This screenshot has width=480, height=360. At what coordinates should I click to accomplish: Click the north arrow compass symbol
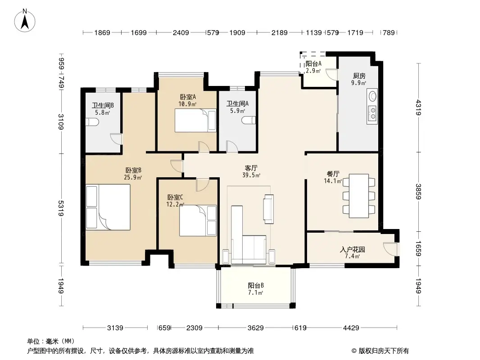25,21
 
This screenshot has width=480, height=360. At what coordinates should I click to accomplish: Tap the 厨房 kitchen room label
359,76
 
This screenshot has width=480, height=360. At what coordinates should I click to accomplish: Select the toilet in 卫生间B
92,122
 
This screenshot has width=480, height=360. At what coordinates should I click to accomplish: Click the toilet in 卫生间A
249,120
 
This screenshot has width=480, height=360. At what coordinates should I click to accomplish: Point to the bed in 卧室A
195,121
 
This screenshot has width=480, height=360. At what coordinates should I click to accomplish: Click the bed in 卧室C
198,220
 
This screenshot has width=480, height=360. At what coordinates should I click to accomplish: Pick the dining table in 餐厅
359,196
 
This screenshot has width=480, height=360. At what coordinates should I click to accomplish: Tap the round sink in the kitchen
372,96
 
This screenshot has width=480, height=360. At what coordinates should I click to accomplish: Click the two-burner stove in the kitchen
372,112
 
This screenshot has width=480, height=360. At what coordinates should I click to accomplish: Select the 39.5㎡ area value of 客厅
251,175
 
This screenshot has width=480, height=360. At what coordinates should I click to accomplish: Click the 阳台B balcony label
256,285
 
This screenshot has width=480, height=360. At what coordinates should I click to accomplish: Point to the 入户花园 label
353,249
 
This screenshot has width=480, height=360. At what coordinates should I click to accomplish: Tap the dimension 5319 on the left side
61,209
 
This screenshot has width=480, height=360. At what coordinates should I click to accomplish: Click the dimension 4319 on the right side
418,108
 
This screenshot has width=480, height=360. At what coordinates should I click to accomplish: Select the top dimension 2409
181,32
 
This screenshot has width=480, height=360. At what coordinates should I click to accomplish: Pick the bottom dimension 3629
256,328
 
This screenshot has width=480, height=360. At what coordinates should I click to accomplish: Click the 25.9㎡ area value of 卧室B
133,177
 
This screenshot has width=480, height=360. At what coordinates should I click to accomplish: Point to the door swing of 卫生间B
116,139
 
